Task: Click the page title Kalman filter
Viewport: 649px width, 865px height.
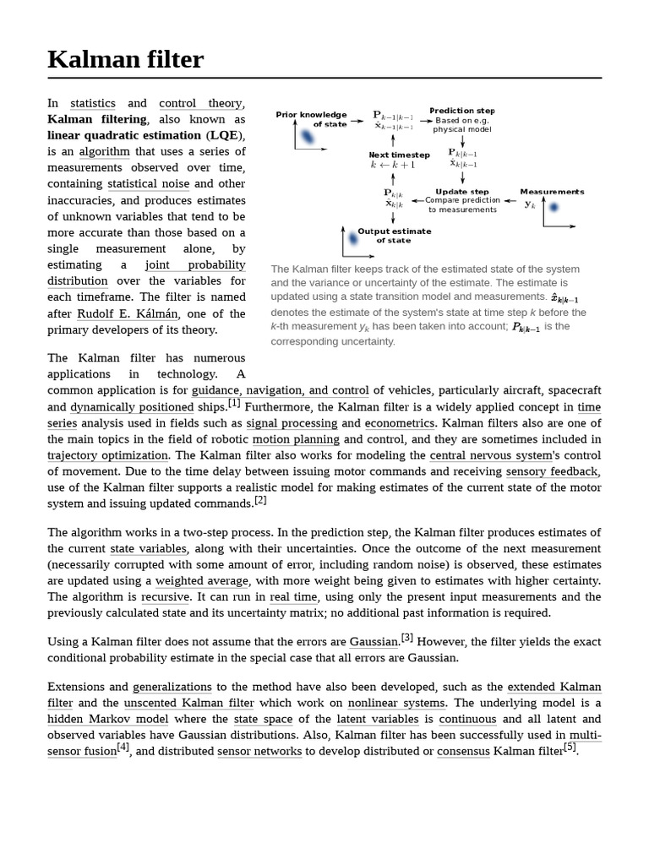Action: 125,60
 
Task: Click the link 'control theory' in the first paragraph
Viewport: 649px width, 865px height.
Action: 200,103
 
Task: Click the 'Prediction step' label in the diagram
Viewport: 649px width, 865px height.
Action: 462,111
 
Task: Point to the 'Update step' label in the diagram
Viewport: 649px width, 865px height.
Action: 461,192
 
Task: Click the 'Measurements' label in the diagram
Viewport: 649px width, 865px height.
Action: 552,192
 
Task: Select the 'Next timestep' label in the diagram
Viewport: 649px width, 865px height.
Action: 399,155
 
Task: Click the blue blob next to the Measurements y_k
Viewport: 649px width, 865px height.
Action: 553,207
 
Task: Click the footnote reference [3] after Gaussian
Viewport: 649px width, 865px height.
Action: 407,638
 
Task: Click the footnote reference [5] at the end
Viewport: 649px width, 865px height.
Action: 570,747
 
